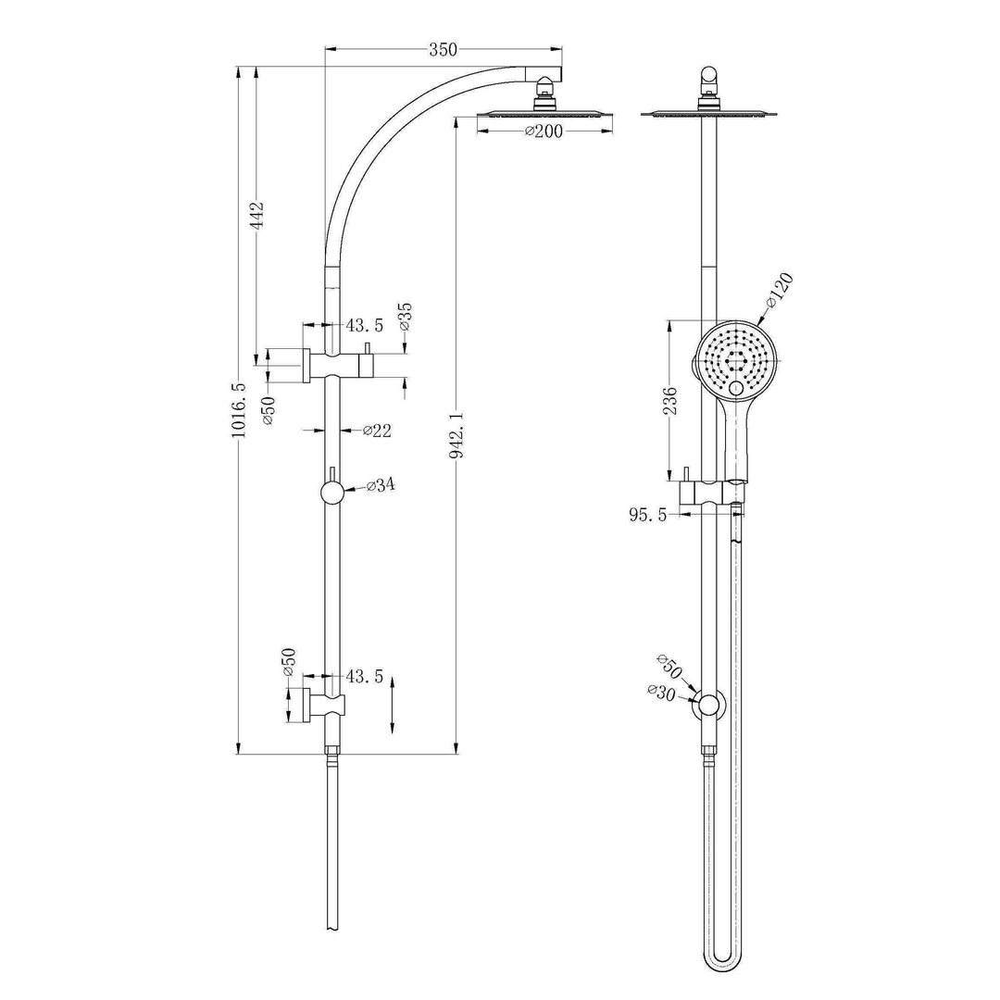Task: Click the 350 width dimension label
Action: (443, 50)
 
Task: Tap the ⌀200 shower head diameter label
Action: (544, 131)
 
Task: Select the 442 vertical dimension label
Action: (257, 215)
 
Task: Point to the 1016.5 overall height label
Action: (239, 410)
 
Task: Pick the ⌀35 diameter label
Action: (405, 317)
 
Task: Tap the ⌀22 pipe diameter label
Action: (377, 430)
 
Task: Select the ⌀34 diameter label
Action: (381, 486)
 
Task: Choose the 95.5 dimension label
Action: (648, 516)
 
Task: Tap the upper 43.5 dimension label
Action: (365, 325)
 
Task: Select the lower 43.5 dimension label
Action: (365, 677)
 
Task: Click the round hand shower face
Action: (732, 359)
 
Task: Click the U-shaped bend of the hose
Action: (723, 959)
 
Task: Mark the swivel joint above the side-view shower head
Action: (709, 81)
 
